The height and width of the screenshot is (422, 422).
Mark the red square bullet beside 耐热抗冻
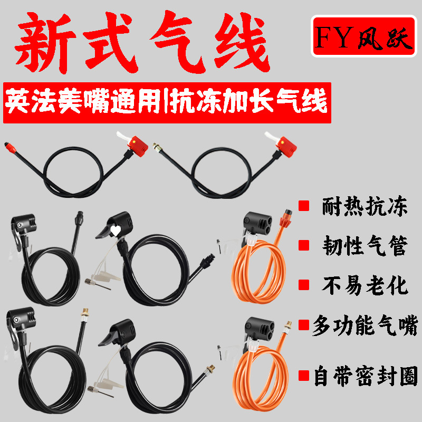coord(304,206)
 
